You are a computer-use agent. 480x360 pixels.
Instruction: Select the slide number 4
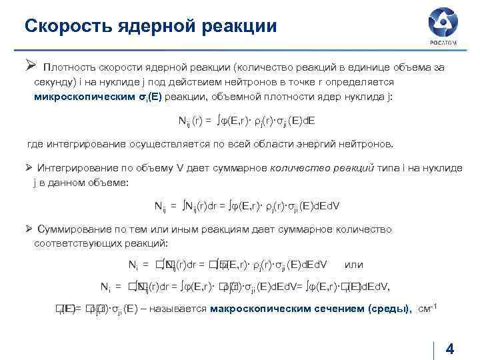449,349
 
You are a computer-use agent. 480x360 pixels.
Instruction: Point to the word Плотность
67,67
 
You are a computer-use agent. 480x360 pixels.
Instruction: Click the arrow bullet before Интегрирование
29,167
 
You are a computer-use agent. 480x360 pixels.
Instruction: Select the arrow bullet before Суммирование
29,229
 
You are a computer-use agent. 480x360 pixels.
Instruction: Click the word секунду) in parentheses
55,82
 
